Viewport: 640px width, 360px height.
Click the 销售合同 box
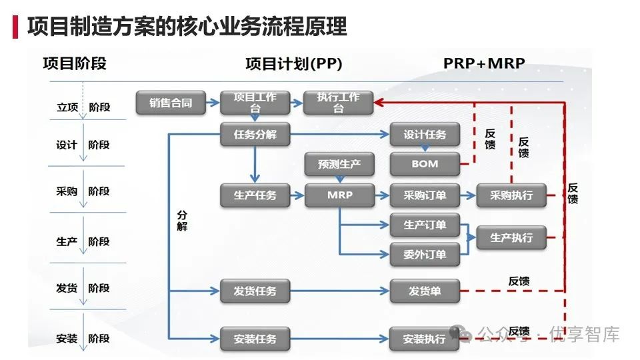(171, 103)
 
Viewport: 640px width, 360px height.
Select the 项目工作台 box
(255, 103)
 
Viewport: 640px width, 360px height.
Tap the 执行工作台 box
(339, 103)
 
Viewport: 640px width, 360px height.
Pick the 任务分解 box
(255, 134)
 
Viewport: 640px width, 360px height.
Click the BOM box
(425, 164)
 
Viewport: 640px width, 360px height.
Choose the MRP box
(339, 195)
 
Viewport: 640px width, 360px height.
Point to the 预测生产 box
(339, 164)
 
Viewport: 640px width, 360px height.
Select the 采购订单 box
(425, 195)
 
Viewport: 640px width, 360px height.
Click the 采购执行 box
(511, 195)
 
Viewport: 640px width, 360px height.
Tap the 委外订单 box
(425, 255)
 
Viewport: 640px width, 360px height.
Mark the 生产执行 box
(511, 237)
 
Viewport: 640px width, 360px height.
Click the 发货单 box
(425, 291)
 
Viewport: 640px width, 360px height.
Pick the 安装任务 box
(255, 339)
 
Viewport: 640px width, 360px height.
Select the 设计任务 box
(425, 134)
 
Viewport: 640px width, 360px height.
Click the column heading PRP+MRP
(484, 63)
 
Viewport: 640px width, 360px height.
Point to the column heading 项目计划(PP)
(294, 64)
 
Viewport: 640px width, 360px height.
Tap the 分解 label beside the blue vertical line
(182, 221)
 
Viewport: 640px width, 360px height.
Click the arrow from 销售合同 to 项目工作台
(212, 103)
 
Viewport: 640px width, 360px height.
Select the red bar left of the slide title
(15, 27)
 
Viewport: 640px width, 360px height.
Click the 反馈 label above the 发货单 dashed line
(519, 281)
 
